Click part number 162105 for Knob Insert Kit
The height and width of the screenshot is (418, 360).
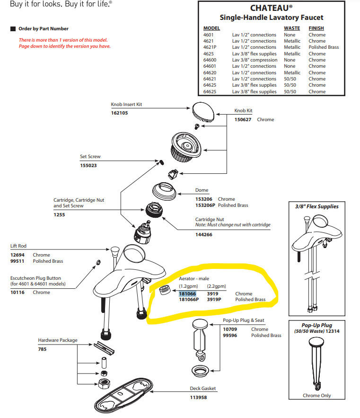click(x=119, y=113)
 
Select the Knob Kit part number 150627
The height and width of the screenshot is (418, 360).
click(x=244, y=120)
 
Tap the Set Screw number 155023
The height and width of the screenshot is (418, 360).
click(x=88, y=166)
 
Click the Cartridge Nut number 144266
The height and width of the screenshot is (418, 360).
click(x=203, y=234)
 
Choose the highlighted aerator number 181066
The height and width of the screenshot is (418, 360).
click(x=187, y=293)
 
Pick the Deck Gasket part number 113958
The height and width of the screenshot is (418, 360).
click(x=199, y=397)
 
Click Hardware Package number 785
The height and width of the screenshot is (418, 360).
click(x=42, y=349)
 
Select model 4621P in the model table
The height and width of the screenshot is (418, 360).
click(x=210, y=47)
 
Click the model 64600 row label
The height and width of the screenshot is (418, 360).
click(x=210, y=60)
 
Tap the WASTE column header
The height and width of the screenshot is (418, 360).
click(x=292, y=28)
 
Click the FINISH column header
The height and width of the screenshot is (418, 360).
click(x=316, y=28)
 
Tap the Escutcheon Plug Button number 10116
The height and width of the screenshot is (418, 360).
click(x=18, y=293)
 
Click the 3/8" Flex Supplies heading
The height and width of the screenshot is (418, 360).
click(x=314, y=206)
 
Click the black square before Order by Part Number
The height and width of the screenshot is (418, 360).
click(x=13, y=29)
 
